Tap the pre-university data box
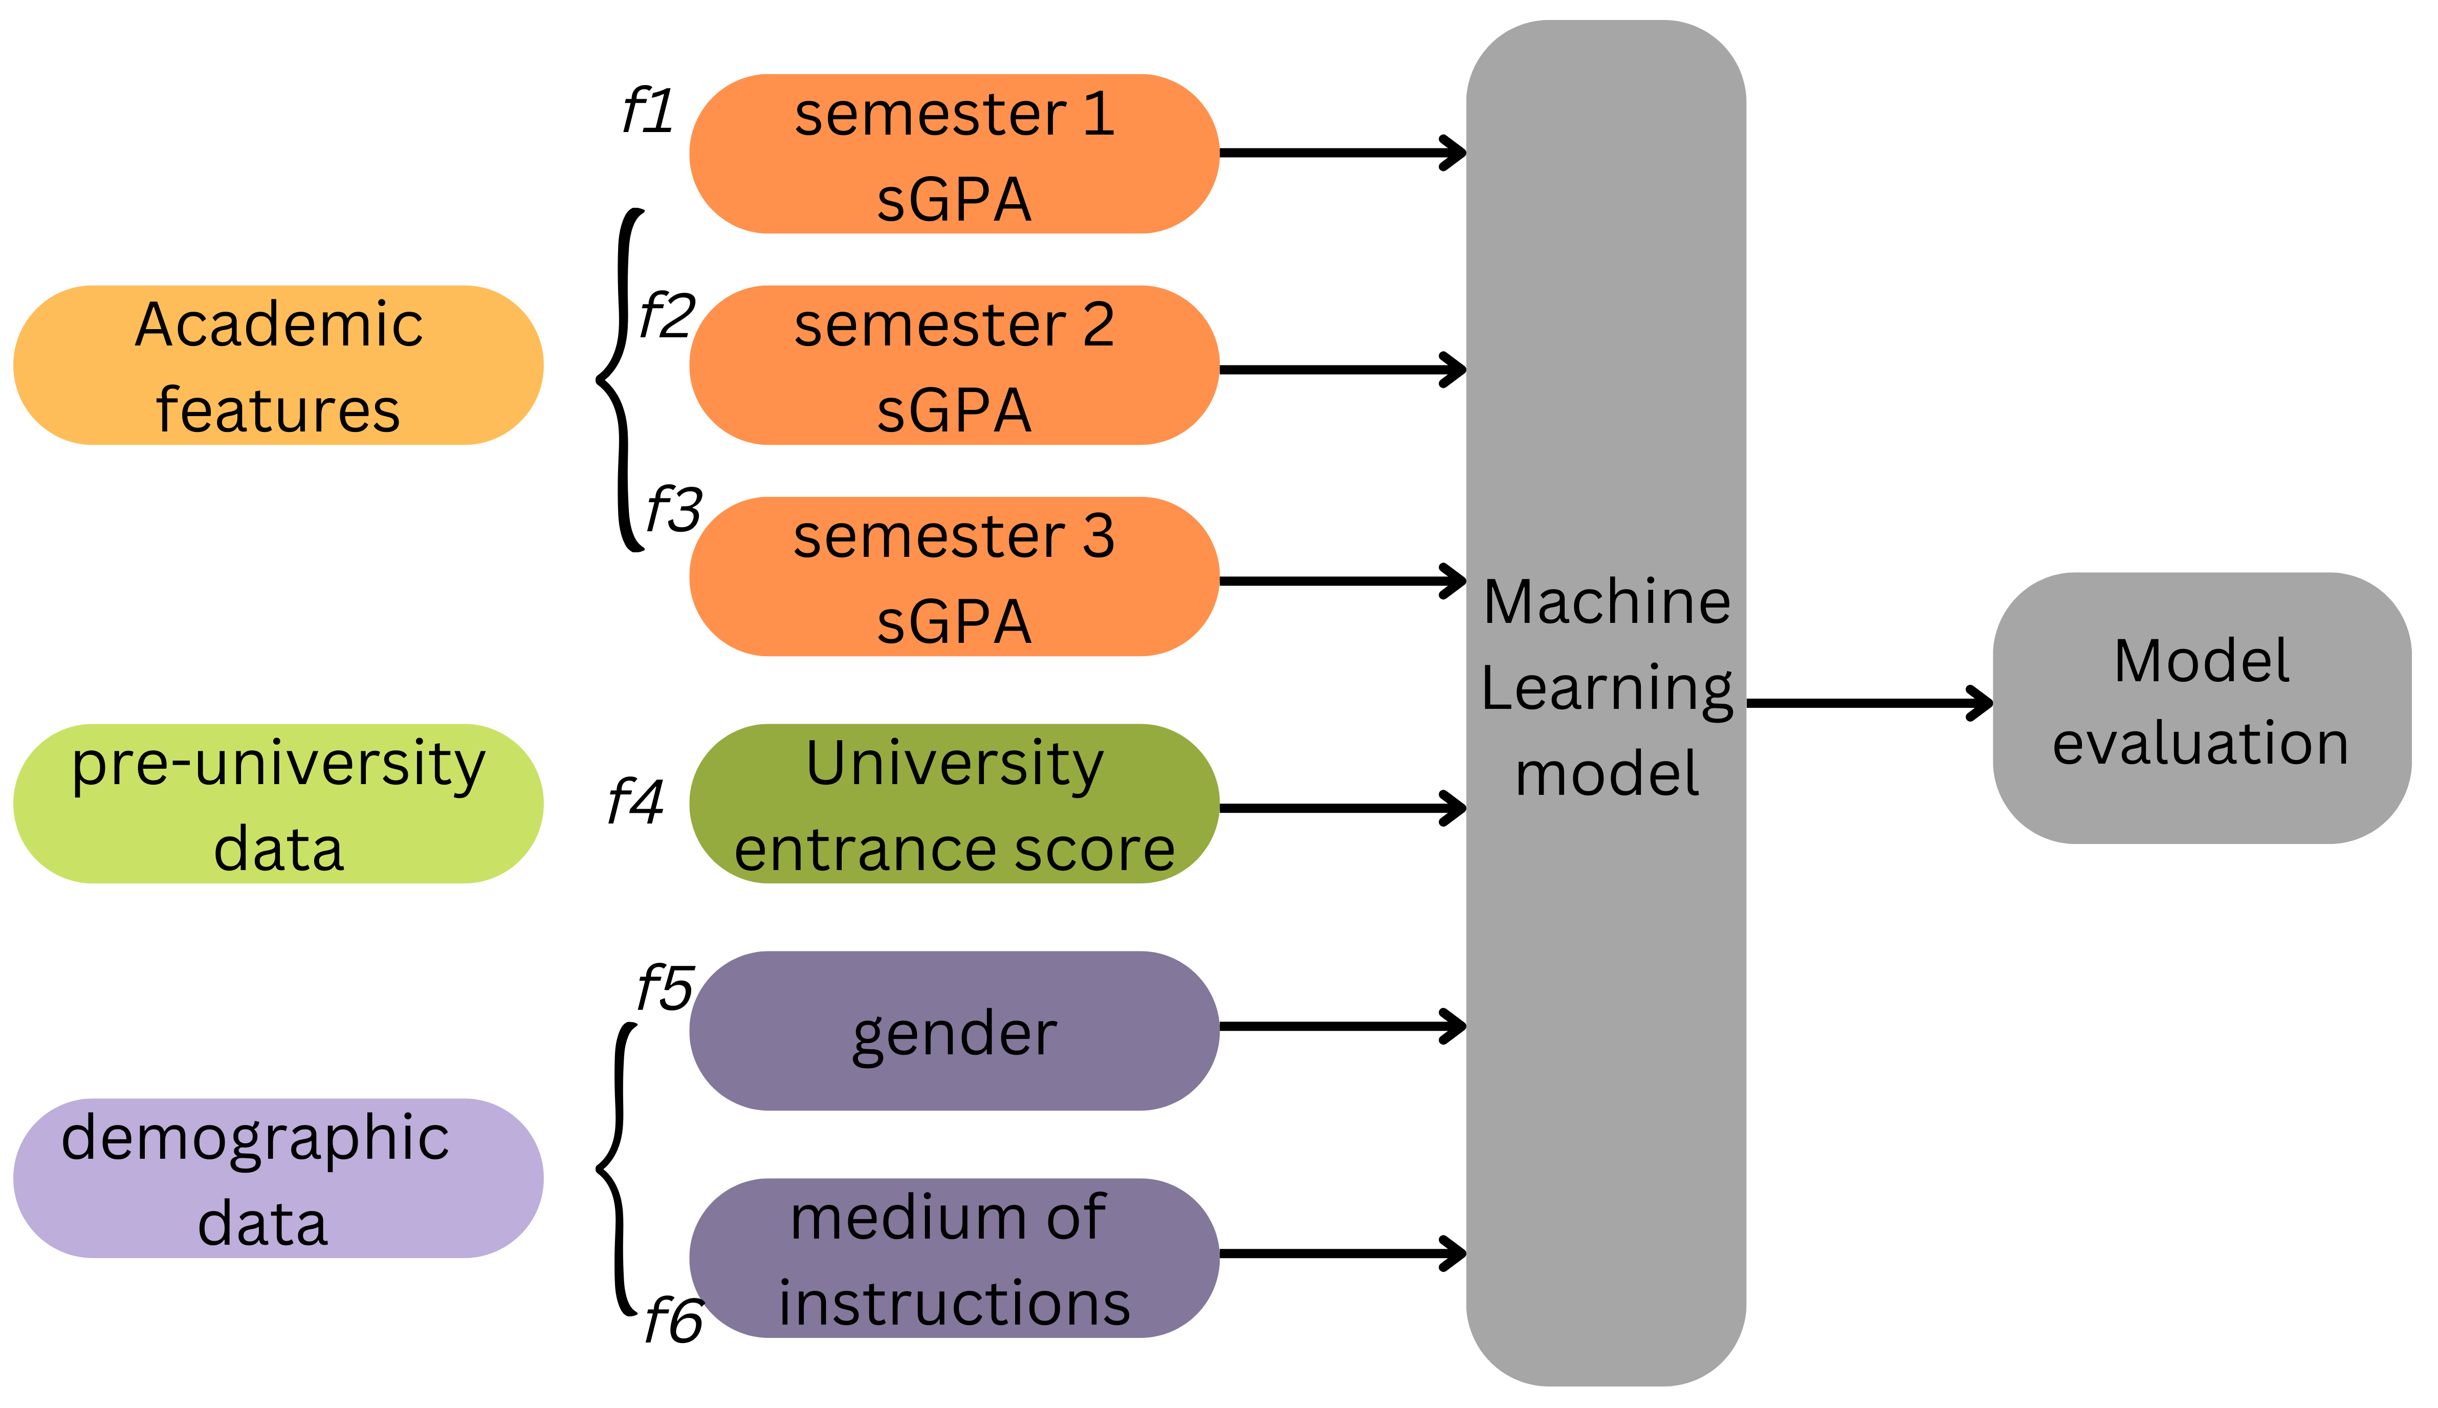(x=278, y=804)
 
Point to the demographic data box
(x=278, y=1178)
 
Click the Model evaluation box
(x=2201, y=708)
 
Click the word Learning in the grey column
(x=1607, y=688)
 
